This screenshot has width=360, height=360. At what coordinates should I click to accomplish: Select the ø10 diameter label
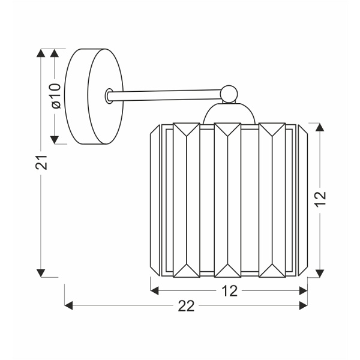[x=56, y=96]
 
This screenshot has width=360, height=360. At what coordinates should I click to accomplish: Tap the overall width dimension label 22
[x=187, y=306]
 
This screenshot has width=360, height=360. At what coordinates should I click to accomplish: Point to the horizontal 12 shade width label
[x=229, y=291]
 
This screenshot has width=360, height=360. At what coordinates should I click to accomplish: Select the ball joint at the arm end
[x=228, y=92]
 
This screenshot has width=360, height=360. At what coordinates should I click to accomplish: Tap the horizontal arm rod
[x=168, y=94]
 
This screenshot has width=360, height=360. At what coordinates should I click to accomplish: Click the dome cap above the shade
[x=229, y=114]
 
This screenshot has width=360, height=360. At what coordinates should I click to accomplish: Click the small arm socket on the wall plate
[x=109, y=96]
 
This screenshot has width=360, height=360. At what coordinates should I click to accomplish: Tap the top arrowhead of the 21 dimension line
[x=41, y=53]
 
